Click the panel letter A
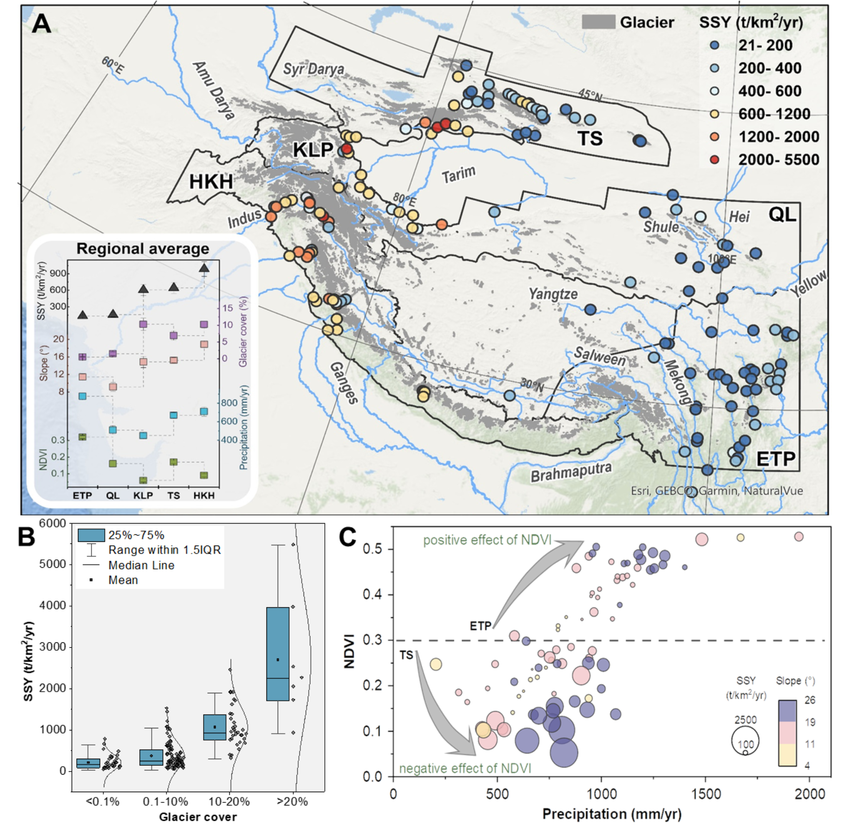[x=42, y=24]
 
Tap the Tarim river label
[x=459, y=174]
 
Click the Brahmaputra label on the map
[x=571, y=471]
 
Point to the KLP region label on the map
[x=313, y=150]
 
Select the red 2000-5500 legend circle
[x=714, y=160]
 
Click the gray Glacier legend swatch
[x=598, y=22]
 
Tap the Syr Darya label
[x=314, y=69]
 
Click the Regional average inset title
[x=143, y=249]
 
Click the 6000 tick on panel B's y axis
[x=52, y=523]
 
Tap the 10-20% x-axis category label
[x=229, y=801]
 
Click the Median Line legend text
[x=141, y=565]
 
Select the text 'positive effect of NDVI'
[x=487, y=540]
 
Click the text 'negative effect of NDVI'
[x=465, y=768]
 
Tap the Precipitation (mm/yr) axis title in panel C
[x=612, y=814]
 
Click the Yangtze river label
[x=553, y=294]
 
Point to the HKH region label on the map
[x=211, y=181]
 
